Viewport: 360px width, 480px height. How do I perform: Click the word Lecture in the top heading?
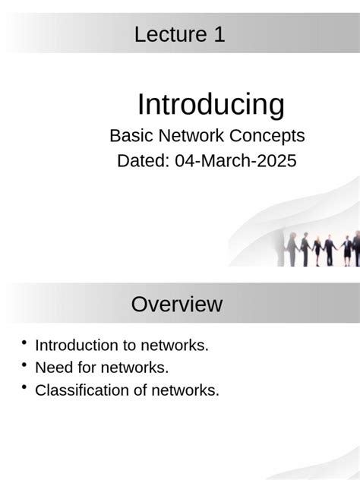(x=168, y=34)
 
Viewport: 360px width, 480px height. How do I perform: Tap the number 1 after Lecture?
(x=219, y=34)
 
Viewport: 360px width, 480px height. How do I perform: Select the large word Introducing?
(x=210, y=104)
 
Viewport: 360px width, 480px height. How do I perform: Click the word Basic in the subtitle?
(x=130, y=136)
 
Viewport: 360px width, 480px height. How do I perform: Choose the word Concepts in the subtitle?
(x=266, y=136)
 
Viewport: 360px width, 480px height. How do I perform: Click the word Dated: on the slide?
(x=143, y=161)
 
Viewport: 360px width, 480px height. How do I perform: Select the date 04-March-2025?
(x=235, y=161)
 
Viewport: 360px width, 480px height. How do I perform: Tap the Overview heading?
(x=177, y=305)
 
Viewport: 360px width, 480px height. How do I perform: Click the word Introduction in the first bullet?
(x=76, y=346)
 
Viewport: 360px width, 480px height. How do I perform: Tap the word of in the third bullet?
(x=144, y=391)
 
